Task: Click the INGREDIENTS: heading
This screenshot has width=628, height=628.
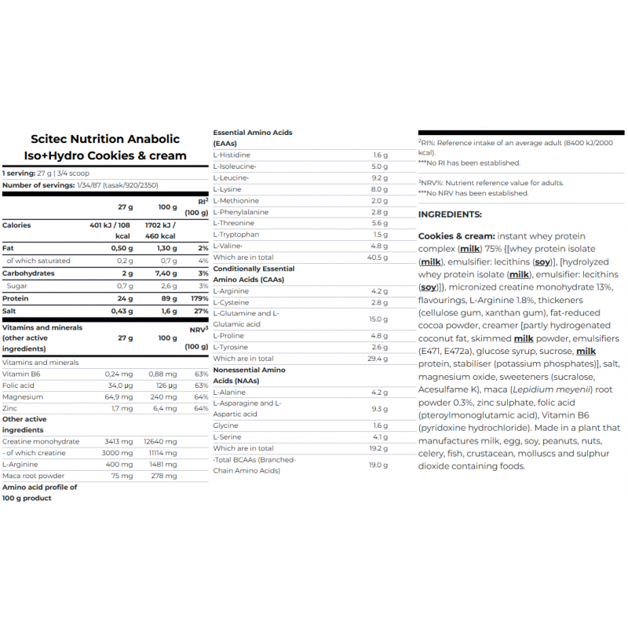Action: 450,214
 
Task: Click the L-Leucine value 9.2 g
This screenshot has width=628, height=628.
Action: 381,178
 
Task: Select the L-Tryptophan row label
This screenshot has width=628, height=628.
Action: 236,234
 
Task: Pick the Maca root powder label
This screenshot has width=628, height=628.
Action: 33,476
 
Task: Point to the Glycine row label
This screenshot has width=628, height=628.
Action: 225,425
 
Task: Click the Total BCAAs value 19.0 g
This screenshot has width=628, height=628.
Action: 380,466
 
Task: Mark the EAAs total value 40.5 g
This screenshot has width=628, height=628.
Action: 378,257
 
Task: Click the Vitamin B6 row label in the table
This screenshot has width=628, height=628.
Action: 23,374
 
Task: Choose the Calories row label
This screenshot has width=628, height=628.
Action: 17,225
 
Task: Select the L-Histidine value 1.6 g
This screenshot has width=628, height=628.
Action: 381,155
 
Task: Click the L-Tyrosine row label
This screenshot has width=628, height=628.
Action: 232,347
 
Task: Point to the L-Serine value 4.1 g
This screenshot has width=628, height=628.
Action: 381,437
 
